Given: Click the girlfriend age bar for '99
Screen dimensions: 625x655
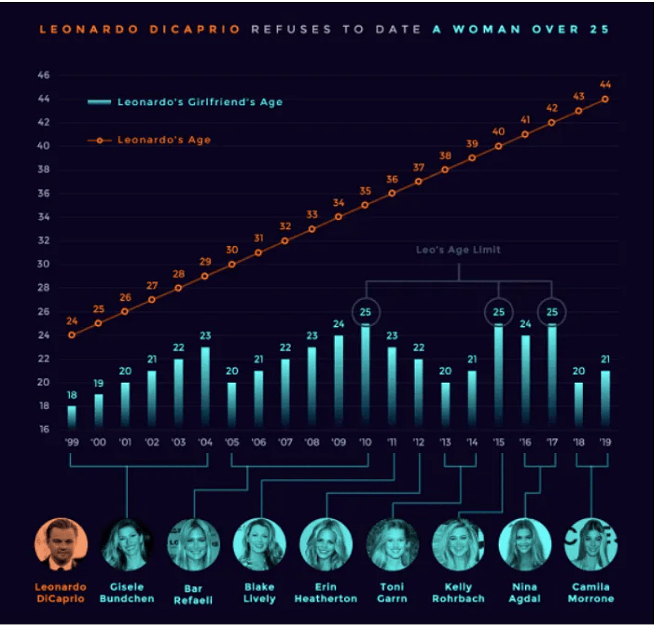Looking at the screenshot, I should coord(72,417).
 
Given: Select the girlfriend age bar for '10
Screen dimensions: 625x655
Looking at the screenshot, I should coord(365,375).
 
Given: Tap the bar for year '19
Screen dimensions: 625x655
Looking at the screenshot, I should coord(605,399).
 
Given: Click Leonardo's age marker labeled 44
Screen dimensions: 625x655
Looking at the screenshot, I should coord(605,99).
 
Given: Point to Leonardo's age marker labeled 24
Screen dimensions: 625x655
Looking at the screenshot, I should coord(72,335).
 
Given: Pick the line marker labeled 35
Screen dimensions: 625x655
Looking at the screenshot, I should coord(365,205).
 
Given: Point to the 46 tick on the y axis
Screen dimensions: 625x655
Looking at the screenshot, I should coord(44,75).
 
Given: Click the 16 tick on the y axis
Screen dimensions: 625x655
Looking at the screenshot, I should coord(44,429).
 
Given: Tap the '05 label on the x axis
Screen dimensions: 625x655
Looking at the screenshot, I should coord(232,442).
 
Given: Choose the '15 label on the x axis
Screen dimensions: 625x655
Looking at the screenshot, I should coord(499,442).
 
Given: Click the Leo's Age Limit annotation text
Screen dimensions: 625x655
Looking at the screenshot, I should coord(458,250).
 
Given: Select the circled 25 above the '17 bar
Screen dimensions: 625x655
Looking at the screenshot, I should coord(552,312).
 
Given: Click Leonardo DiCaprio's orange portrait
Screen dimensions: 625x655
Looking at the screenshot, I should coord(61,544).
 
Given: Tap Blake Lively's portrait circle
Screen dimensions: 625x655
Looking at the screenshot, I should coord(259,544).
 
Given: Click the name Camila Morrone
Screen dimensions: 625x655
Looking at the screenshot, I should coord(591,593).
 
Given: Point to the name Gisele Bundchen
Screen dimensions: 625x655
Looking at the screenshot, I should coord(127,593).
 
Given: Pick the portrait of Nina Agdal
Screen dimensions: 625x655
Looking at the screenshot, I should coord(525,544).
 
